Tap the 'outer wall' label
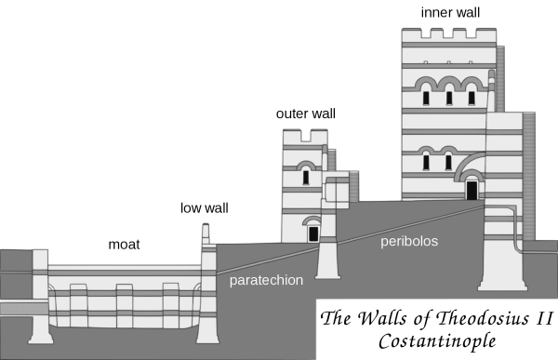(x=306, y=113)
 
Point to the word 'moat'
(x=124, y=245)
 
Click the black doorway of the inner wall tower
(x=472, y=191)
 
